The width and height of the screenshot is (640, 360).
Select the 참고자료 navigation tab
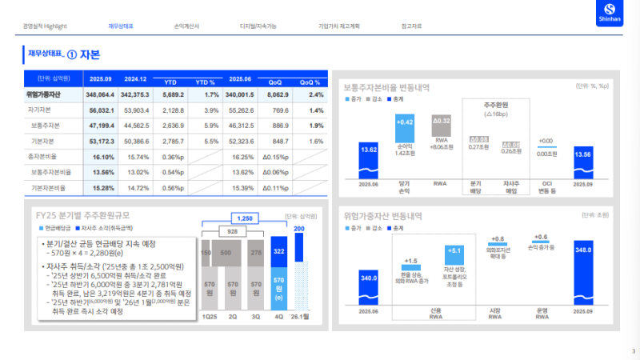coord(410,26)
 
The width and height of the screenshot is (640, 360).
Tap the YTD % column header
coord(206,82)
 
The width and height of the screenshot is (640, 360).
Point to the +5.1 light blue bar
coord(454,254)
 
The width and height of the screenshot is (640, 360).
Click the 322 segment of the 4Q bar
coord(278,251)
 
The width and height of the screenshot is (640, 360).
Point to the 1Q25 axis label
coord(210,315)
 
